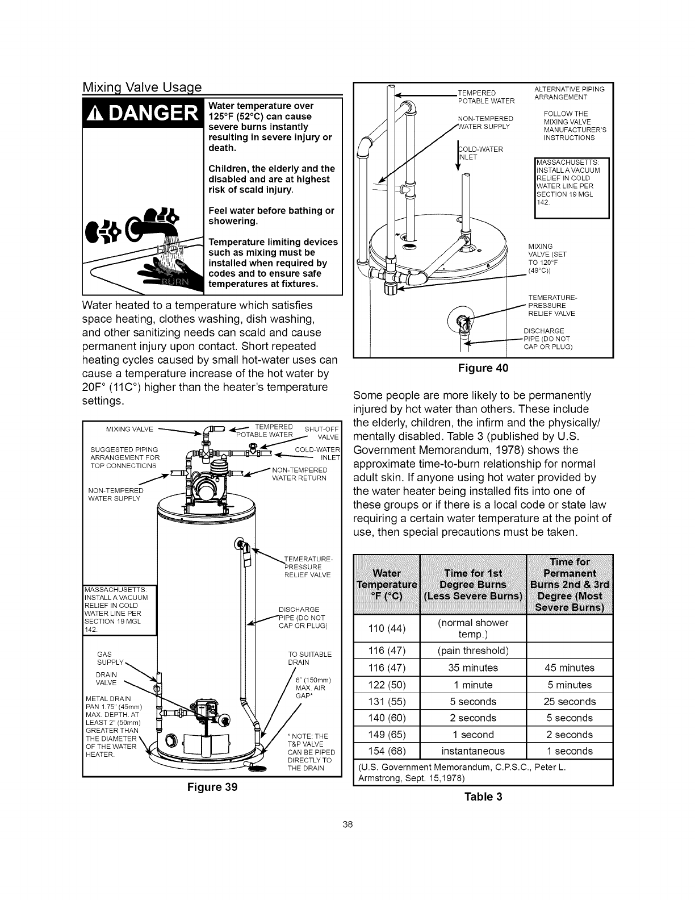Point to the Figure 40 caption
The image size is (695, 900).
[x=483, y=368]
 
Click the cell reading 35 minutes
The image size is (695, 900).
[x=473, y=668]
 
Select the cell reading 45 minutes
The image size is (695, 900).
[x=570, y=668]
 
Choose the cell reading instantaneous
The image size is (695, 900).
[x=473, y=751]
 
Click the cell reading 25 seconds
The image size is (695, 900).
[x=570, y=701]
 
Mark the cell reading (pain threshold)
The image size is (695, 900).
[x=473, y=650]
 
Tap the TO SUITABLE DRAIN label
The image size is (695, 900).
[x=309, y=658]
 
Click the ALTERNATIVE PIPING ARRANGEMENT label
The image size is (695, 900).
[x=570, y=93]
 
